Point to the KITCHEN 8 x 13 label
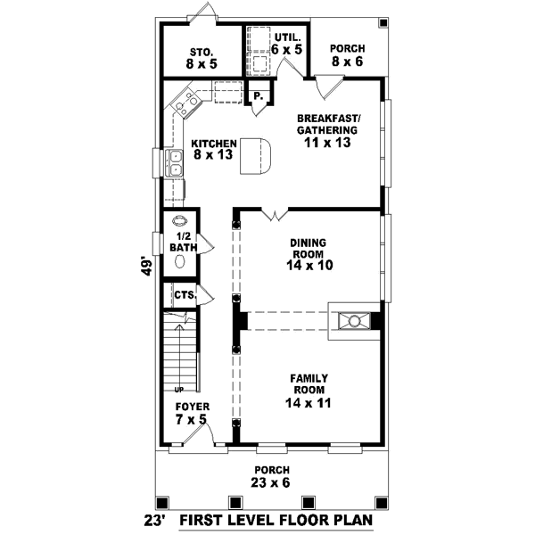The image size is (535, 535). point(212,148)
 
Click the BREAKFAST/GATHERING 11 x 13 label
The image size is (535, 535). point(327,128)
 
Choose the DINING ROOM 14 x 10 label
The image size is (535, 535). point(308,253)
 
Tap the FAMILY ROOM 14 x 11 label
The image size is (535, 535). point(308,390)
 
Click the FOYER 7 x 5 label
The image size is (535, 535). point(191,413)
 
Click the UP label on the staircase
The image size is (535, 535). point(178,390)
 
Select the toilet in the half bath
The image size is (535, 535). point(179,262)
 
